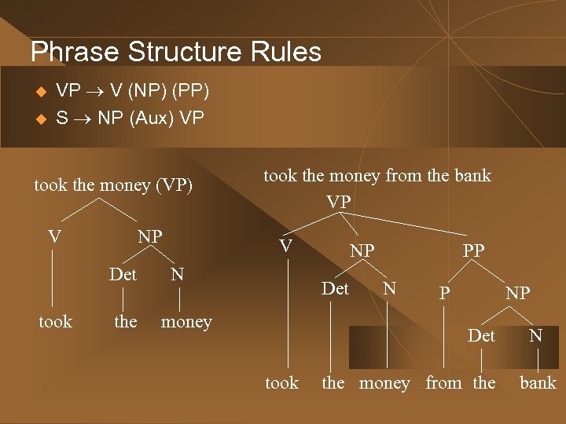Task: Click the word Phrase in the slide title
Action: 75,52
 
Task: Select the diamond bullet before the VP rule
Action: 42,93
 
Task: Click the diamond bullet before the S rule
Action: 42,119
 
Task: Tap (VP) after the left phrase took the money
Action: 174,185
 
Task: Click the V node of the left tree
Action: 54,236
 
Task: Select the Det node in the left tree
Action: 123,275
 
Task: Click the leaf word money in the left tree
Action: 186,322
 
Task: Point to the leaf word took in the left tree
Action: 55,322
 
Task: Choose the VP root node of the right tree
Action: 339,202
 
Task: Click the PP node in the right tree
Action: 473,251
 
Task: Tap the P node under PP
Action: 444,293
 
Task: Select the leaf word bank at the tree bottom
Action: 538,383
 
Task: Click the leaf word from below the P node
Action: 443,383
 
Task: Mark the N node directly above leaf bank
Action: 535,336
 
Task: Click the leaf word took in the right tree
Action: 281,383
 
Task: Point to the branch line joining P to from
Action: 444,338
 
